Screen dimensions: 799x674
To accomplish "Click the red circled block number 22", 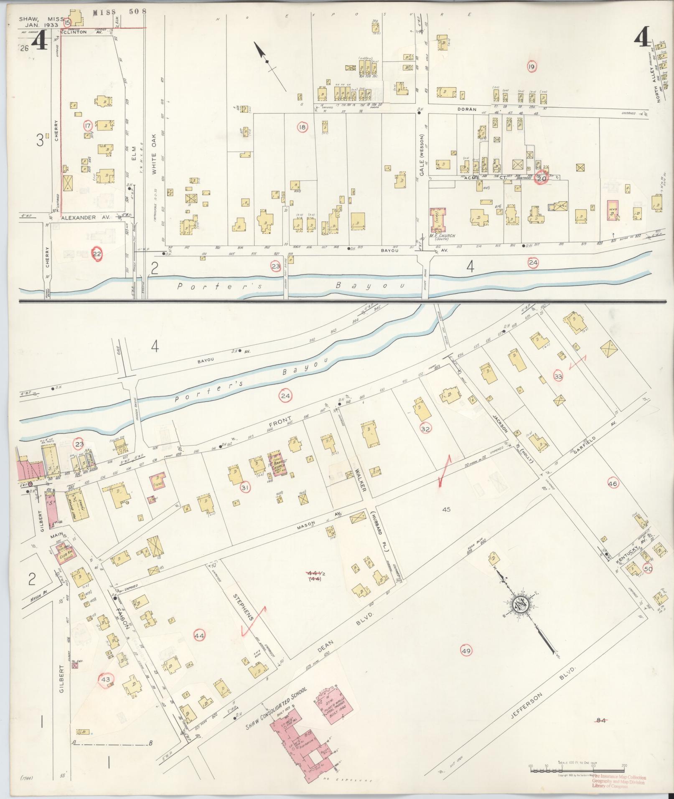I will pyautogui.click(x=97, y=254).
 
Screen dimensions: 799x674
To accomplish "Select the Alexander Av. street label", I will pyautogui.click(x=85, y=218).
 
